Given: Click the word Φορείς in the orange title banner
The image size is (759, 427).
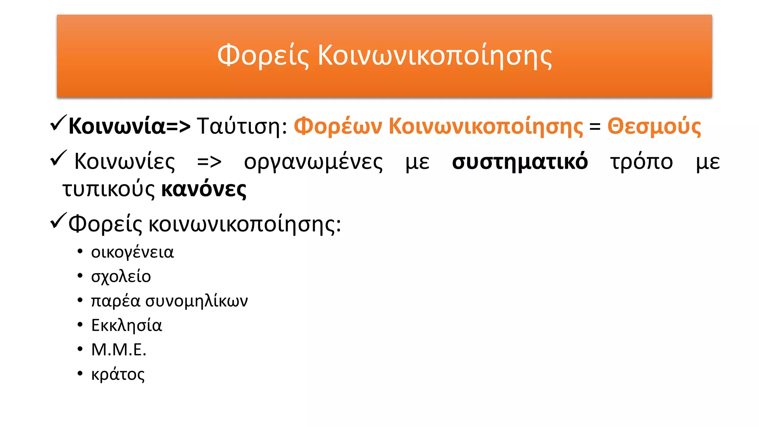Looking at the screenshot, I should pyautogui.click(x=263, y=56).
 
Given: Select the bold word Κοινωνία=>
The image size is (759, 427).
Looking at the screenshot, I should pyautogui.click(x=129, y=126).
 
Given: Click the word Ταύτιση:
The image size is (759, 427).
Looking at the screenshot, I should pyautogui.click(x=242, y=126).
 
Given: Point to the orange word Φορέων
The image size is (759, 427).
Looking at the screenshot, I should pyautogui.click(x=338, y=126).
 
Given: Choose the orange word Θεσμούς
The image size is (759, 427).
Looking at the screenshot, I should pyautogui.click(x=654, y=126).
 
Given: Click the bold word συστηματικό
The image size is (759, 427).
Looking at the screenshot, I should pyautogui.click(x=520, y=162).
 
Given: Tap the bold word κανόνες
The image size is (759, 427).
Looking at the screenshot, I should pyautogui.click(x=204, y=189).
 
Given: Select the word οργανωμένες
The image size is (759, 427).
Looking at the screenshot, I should pyautogui.click(x=313, y=162).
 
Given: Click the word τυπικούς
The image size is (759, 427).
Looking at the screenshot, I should pyautogui.click(x=108, y=189).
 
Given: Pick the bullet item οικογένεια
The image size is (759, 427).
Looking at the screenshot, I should pyautogui.click(x=132, y=252).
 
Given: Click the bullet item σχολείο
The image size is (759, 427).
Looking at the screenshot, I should pyautogui.click(x=121, y=277).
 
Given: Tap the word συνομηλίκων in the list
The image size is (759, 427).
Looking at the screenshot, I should pyautogui.click(x=196, y=301).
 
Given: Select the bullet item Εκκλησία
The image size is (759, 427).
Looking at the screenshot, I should pyautogui.click(x=126, y=325).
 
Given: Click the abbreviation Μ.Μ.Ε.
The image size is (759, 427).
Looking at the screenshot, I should pyautogui.click(x=119, y=350).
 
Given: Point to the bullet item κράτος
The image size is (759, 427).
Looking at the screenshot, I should pyautogui.click(x=118, y=374).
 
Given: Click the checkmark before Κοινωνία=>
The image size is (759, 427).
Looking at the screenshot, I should pyautogui.click(x=58, y=123).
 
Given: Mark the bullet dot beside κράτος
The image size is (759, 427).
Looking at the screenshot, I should pyautogui.click(x=80, y=373).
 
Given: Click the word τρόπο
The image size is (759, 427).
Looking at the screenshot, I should pyautogui.click(x=641, y=162).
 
